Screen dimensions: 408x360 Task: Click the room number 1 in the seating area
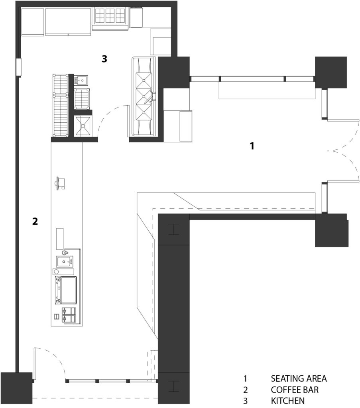pos(252,146)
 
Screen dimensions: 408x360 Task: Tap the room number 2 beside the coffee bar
pos(35,221)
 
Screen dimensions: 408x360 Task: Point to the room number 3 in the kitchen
pos(104,59)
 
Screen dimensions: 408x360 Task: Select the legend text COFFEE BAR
pos(295,389)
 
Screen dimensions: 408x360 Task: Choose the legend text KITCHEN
pos(288,400)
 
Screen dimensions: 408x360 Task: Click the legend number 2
pos(246,389)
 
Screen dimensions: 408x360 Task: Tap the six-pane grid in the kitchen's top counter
pos(110,16)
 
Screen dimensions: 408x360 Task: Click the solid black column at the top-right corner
pos(330,72)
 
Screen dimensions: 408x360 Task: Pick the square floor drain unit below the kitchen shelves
pos(83,126)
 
